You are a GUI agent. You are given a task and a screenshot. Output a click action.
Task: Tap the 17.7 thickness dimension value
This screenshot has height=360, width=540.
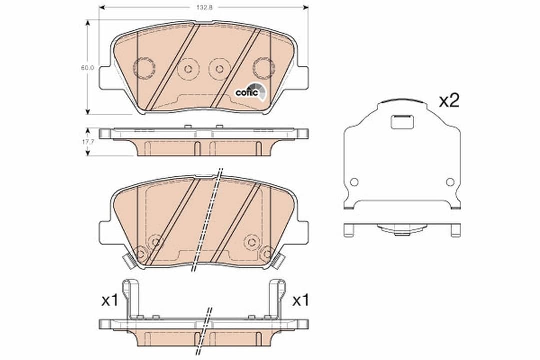click(x=87, y=141)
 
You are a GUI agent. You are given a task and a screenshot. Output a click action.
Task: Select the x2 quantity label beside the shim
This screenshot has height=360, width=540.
click(x=449, y=101)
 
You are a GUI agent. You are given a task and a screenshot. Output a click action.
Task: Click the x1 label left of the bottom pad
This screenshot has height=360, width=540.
click(x=109, y=301)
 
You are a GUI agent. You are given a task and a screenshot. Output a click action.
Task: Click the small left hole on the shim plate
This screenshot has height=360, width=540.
click(x=354, y=182)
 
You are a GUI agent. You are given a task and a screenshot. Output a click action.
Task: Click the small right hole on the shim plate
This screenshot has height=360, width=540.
click(x=450, y=182)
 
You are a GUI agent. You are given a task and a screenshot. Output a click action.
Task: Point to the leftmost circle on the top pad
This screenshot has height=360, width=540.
click(x=144, y=68)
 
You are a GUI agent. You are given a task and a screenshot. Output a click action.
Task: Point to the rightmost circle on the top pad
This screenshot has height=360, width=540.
click(x=263, y=67)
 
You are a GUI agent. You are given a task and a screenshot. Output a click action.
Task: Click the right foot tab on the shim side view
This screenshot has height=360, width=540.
click(x=455, y=230)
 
